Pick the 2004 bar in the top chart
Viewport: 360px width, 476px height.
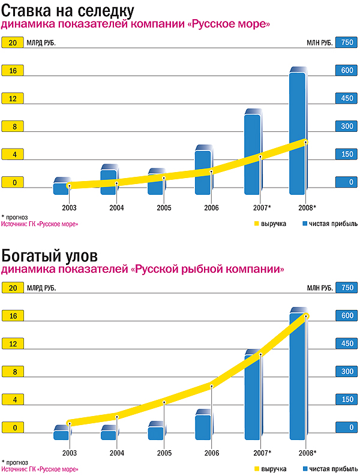109,180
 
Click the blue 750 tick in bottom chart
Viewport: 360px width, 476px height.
346,288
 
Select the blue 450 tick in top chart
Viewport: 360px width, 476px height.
346,98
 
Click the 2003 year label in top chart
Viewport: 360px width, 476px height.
70,207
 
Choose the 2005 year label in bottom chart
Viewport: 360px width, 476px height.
164,453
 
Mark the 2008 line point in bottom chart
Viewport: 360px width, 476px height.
306,315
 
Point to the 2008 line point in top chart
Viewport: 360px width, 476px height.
305,141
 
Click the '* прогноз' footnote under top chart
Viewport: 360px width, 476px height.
14,217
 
